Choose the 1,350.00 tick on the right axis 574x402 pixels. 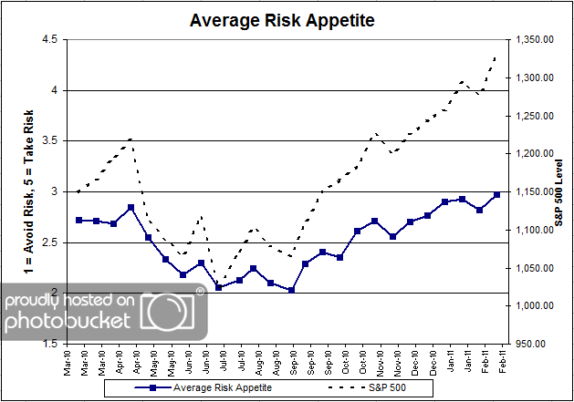533,39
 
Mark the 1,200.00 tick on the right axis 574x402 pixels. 533,153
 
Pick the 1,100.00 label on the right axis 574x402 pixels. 533,230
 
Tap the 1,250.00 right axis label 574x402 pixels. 533,116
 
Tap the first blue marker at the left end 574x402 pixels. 79,220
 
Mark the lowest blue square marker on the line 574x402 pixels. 291,290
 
